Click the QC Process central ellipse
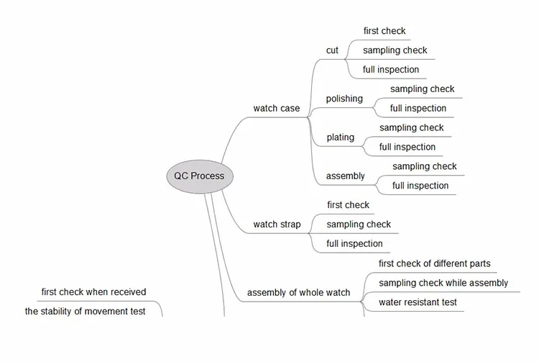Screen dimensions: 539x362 (x=200, y=176)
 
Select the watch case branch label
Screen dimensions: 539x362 (x=277, y=109)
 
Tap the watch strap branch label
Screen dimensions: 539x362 (x=277, y=225)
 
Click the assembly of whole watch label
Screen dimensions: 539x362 (x=298, y=292)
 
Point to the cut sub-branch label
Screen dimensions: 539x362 (x=332, y=50)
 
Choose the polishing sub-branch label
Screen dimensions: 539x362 (x=344, y=99)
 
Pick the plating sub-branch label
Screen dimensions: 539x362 (x=341, y=137)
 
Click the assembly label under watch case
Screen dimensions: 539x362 (x=345, y=176)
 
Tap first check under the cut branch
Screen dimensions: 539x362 (x=384, y=31)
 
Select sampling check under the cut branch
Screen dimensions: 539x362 (x=395, y=50)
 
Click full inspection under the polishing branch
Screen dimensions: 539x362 (x=418, y=109)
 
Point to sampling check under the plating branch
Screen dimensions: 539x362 (x=412, y=127)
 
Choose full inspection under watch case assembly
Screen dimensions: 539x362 (x=420, y=186)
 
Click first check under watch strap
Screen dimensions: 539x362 (x=348, y=205)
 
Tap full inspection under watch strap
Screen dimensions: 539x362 (x=354, y=244)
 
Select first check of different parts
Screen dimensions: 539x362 (x=435, y=263)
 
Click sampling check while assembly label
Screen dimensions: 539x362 (x=443, y=283)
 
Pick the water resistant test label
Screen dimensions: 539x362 (x=418, y=302)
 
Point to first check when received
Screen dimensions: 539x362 (x=93, y=291)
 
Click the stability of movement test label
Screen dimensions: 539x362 (x=85, y=311)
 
